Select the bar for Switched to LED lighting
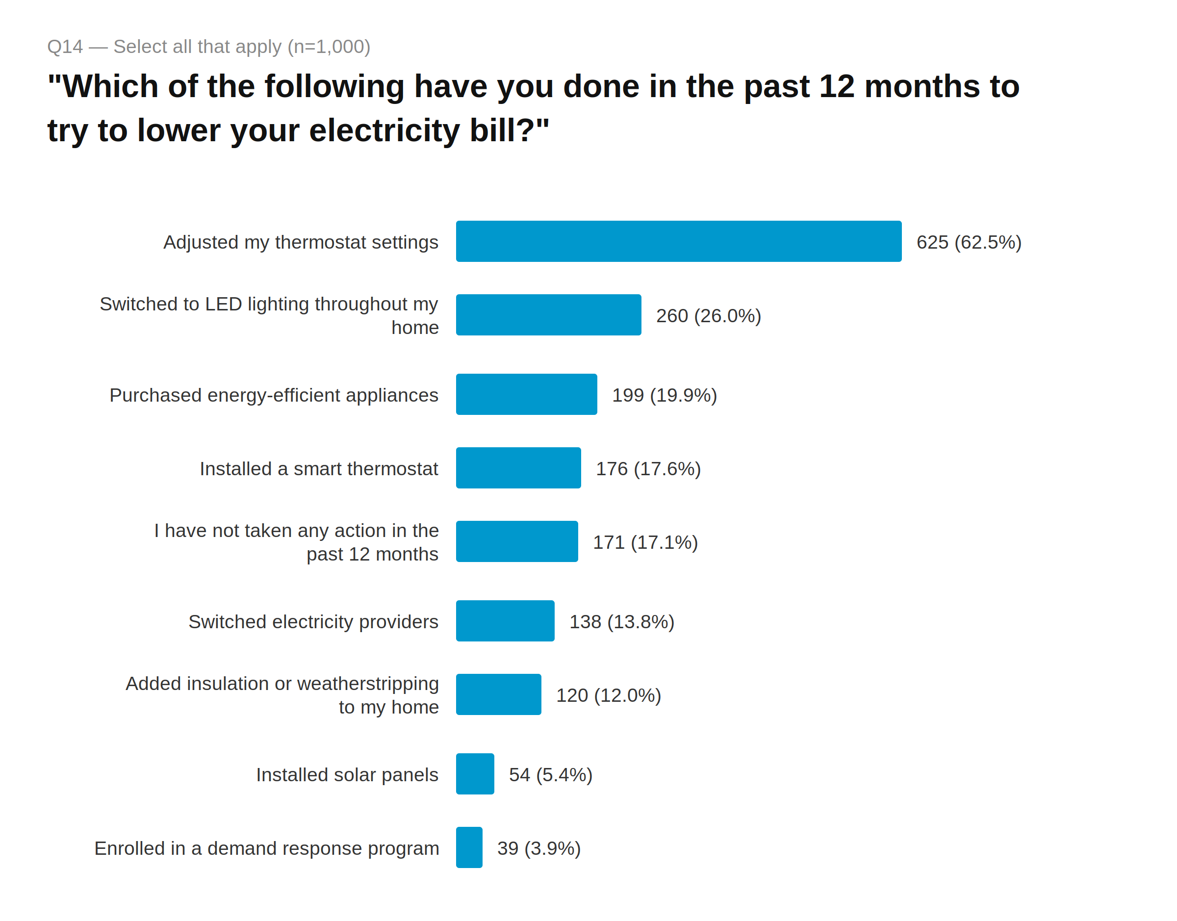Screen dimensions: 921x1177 pos(548,315)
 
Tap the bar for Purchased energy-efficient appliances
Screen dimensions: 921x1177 pos(526,394)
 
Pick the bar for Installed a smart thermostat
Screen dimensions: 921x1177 pos(518,467)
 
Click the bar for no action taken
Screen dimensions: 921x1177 pos(516,541)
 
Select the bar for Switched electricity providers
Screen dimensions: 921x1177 pos(505,621)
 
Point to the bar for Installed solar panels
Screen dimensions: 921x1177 pos(474,774)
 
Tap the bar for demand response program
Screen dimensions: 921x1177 pos(468,847)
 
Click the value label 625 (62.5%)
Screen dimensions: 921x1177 pos(969,242)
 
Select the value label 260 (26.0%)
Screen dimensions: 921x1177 pos(708,316)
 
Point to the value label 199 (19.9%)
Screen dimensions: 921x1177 pos(664,395)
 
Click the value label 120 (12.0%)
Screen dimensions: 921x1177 pos(608,695)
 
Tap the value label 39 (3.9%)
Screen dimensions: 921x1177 pos(538,848)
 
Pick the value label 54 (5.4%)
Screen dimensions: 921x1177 pos(550,775)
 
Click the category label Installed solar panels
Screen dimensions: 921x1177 pos(347,775)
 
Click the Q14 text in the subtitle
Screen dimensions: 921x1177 pos(65,47)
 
